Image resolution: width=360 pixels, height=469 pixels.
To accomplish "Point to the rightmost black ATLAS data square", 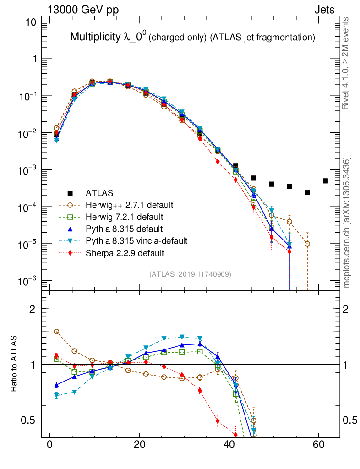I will pyautogui.click(x=325, y=181).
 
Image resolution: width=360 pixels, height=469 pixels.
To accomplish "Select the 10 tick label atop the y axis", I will pyautogui.click(x=30, y=22).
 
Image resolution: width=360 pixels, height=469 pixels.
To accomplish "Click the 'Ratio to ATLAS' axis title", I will pyautogui.click(x=15, y=364).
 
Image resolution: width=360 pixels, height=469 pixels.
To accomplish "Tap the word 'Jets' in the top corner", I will pyautogui.click(x=324, y=10).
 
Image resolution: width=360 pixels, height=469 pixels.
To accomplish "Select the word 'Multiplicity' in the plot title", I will pyautogui.click(x=95, y=37).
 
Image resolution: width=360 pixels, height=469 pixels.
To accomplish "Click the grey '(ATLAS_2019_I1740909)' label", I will pyautogui.click(x=190, y=274).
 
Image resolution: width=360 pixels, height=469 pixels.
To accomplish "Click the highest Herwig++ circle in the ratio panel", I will pyautogui.click(x=56, y=332).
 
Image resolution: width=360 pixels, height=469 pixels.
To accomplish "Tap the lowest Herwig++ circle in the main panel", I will pyautogui.click(x=307, y=244).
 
